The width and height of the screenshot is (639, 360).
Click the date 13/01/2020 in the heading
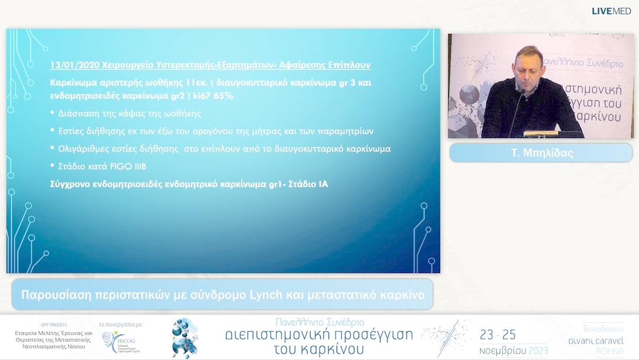pyautogui.click(x=69, y=65)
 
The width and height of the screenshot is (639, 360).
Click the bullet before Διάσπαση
pyautogui.click(x=52, y=113)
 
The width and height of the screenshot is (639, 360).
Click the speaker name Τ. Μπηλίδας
pyautogui.click(x=541, y=153)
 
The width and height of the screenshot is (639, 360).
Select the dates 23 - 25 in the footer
pyautogui.click(x=498, y=335)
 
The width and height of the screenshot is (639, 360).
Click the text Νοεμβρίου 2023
pyautogui.click(x=512, y=350)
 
